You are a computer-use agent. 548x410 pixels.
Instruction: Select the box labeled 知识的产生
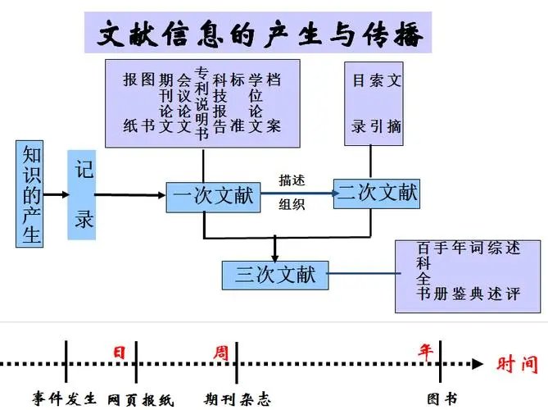click(x=31, y=194)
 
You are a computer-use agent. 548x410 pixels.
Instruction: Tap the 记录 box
click(x=85, y=194)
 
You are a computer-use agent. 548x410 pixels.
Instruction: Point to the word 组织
click(x=292, y=206)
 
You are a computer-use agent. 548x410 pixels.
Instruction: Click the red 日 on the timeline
click(x=120, y=353)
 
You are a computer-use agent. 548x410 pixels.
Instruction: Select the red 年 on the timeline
click(x=426, y=351)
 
